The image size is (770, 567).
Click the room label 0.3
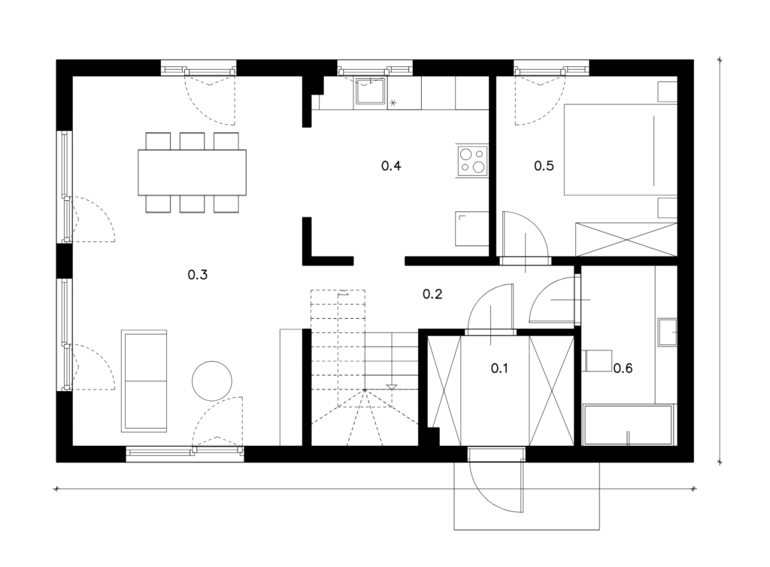coord(198,274)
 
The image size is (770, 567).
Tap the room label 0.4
coord(391,165)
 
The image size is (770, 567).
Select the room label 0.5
coord(544,165)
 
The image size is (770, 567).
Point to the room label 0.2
coord(432,293)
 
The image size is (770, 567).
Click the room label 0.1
coord(499,368)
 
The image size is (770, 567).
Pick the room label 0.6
coord(623,368)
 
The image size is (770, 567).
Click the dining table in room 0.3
coord(192,172)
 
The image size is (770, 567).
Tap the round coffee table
coord(211,381)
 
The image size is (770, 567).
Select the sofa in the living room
coord(144,381)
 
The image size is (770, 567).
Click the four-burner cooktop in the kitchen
coord(472,161)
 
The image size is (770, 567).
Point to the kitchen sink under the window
coord(370,91)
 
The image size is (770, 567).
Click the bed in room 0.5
coord(620,149)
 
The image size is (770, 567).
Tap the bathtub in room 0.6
coord(628,425)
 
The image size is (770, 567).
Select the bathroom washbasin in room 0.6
coord(668,332)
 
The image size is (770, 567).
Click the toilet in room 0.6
coord(597,360)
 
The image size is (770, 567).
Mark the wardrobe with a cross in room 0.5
coord(626,240)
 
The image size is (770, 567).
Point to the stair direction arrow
coord(391,387)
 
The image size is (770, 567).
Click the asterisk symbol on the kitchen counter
coord(393,103)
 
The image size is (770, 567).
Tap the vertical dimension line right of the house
coord(720,261)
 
